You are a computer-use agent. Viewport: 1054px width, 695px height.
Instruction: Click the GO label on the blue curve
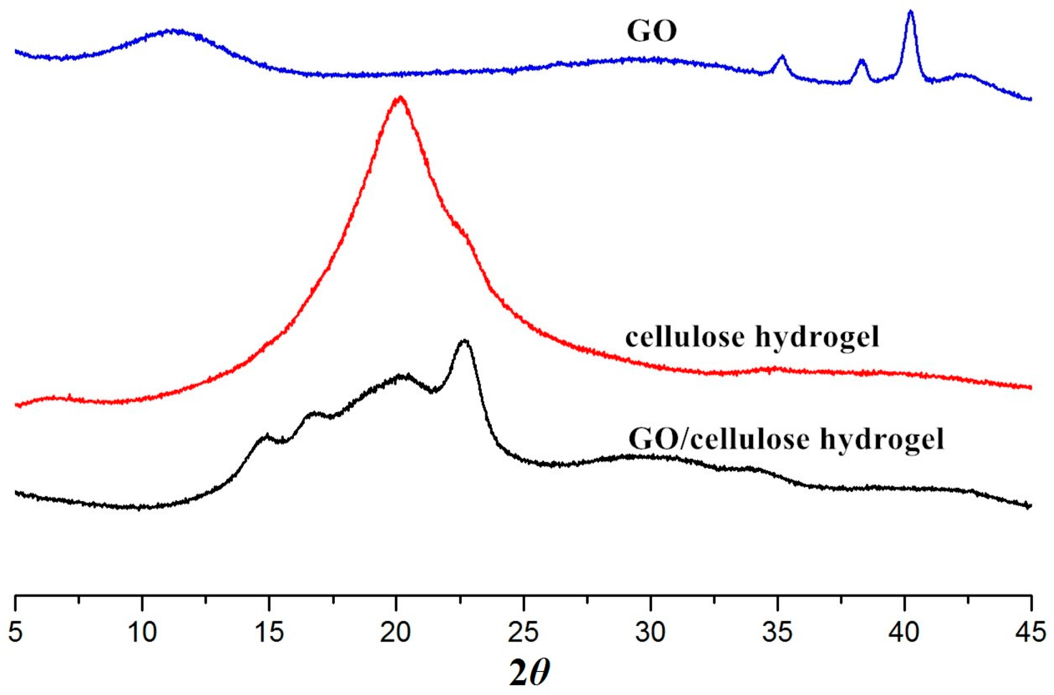652,31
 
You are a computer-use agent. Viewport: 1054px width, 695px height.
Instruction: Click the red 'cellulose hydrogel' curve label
752,338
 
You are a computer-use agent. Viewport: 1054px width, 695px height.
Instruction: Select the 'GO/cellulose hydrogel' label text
786,440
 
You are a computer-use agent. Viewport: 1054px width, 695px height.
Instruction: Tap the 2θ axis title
529,673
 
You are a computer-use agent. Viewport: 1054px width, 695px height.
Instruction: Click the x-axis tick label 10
142,632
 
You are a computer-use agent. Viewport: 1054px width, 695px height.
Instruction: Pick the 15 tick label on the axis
269,632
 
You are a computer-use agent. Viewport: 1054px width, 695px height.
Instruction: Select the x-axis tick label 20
396,632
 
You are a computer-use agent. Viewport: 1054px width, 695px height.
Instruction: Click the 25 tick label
523,632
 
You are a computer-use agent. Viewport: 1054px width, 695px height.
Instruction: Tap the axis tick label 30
650,632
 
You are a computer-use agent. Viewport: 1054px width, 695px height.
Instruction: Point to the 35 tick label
777,632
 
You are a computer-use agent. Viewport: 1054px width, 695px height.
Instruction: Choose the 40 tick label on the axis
904,632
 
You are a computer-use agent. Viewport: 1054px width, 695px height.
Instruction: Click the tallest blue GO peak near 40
910,12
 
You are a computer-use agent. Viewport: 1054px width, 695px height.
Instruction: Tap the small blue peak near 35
782,57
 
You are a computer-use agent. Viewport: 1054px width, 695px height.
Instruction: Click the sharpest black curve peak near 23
465,341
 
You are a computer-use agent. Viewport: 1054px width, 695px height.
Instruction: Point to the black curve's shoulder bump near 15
266,437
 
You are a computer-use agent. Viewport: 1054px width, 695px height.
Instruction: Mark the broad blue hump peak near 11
172,31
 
